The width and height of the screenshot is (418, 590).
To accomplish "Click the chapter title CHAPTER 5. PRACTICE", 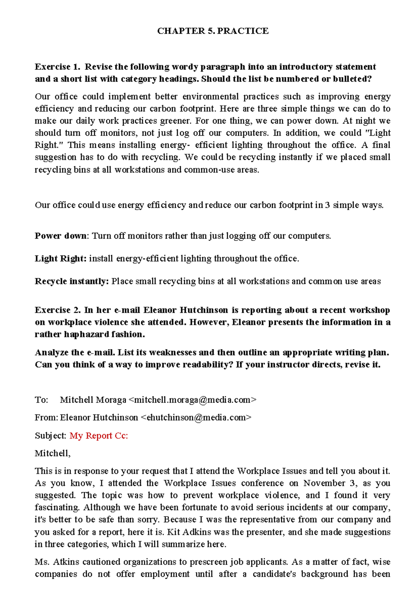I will [x=212, y=31].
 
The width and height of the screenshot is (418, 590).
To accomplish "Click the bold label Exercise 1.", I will [x=57, y=67].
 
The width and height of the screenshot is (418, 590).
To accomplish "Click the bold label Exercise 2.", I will [x=57, y=310].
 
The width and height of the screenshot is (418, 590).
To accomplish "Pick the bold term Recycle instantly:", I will [x=72, y=281].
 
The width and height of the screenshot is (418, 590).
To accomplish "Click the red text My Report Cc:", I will [x=99, y=436].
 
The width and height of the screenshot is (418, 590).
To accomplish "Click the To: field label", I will [x=41, y=400].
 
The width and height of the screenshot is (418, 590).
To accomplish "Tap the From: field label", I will [x=46, y=417].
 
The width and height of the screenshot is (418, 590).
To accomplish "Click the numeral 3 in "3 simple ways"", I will [x=327, y=205].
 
